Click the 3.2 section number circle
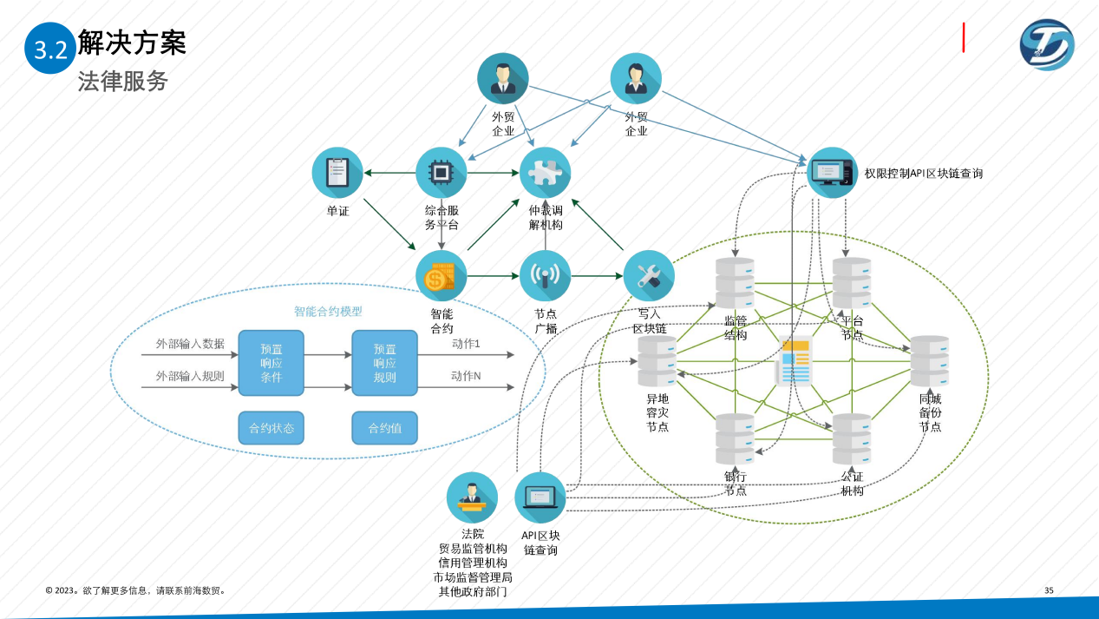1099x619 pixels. point(50,49)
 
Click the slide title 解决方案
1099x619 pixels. point(132,42)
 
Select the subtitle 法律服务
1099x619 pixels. point(122,82)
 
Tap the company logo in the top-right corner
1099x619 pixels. point(1046,45)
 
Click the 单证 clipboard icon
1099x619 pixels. point(337,172)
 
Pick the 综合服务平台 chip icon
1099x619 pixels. point(441,172)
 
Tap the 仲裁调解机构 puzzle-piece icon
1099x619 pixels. point(545,172)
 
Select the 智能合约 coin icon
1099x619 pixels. point(441,276)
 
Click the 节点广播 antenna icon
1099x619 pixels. point(545,276)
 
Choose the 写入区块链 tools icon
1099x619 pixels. point(649,276)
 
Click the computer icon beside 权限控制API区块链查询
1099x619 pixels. point(832,172)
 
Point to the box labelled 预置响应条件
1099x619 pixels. point(271,363)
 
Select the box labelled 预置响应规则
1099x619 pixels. point(384,363)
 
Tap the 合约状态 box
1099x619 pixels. point(271,428)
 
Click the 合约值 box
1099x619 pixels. point(384,428)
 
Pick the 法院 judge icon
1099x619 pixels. point(472,497)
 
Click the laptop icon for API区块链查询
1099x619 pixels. point(540,497)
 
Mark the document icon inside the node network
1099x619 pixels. point(794,360)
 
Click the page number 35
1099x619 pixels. point(1049,590)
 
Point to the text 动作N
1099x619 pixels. point(466,376)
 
